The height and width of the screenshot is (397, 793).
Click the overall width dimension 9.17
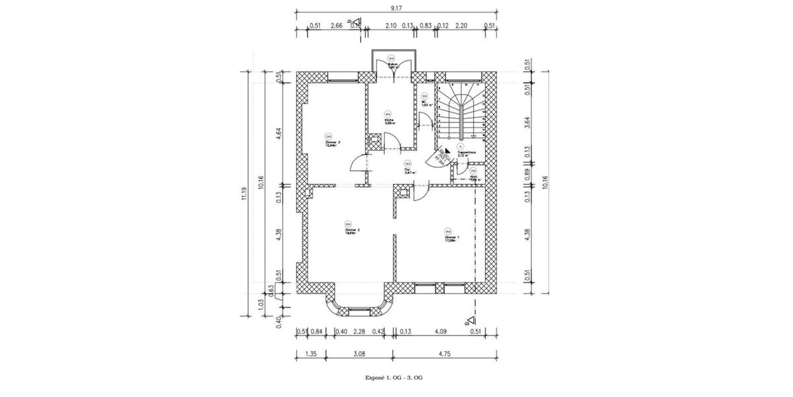396,8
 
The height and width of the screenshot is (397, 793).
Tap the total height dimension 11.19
245,192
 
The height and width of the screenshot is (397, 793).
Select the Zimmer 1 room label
452,237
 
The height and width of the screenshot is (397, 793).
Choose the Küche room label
389,120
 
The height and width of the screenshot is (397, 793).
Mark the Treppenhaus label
467,153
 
